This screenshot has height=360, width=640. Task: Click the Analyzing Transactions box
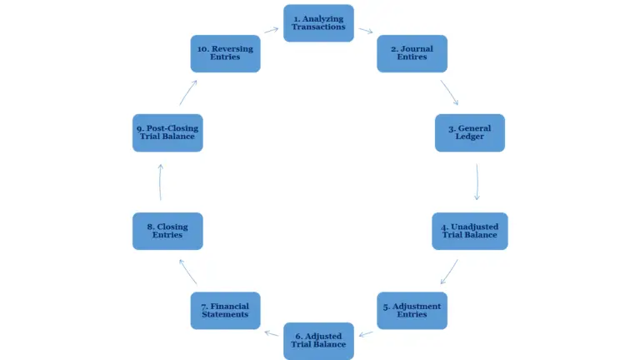(318, 23)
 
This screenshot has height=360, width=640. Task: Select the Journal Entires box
(412, 53)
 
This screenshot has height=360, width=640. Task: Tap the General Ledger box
(469, 132)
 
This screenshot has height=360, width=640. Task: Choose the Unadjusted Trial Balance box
(469, 231)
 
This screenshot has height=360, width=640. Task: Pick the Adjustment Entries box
(412, 310)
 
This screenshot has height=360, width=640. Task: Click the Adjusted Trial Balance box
(318, 340)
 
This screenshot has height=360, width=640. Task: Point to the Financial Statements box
(225, 310)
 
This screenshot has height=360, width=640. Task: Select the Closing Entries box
(167, 231)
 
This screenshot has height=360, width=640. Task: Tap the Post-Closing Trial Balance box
(167, 132)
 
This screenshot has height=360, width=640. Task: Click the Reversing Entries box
(225, 53)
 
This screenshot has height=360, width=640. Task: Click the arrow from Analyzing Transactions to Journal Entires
(366, 32)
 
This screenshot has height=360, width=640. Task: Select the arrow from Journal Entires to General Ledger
(449, 92)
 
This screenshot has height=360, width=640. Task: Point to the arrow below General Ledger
(477, 182)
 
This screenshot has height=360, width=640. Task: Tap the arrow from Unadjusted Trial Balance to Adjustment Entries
(449, 271)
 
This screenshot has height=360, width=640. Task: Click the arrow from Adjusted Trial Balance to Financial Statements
(271, 332)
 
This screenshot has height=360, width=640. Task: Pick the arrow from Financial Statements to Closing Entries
(187, 272)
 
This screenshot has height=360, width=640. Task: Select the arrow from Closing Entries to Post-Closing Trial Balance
(160, 182)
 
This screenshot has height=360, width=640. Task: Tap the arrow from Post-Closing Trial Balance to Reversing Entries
(187, 92)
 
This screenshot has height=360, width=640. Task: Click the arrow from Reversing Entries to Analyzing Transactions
(271, 31)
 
